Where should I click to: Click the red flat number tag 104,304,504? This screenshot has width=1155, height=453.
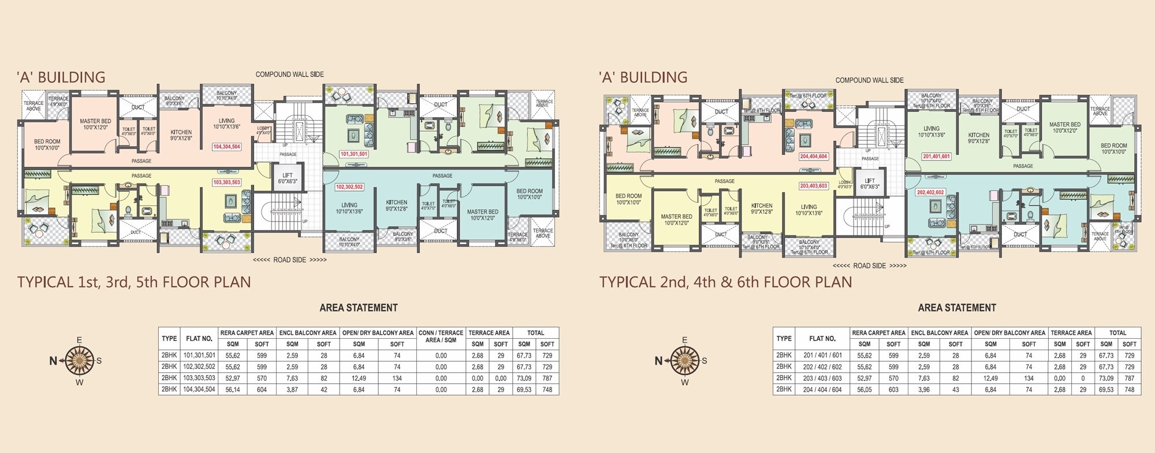[226, 147]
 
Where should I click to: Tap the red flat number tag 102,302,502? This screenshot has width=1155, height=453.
[349, 187]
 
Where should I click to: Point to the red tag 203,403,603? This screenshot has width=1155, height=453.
[813, 186]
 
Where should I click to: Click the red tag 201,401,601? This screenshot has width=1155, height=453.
[936, 156]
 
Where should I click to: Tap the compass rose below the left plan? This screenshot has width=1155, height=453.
[80, 361]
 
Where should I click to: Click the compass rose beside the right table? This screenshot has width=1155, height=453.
[685, 361]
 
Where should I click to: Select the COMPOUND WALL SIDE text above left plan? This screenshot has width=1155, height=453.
[289, 74]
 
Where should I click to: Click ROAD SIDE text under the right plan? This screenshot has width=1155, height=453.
[869, 266]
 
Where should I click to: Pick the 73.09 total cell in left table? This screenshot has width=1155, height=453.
[524, 378]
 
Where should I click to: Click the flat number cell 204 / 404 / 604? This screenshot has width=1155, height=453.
[822, 390]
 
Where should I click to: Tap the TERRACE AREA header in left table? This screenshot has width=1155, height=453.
[489, 333]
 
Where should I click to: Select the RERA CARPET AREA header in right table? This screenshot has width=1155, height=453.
[878, 333]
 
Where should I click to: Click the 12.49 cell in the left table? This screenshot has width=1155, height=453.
[359, 378]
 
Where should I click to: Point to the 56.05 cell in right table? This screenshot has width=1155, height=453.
[864, 390]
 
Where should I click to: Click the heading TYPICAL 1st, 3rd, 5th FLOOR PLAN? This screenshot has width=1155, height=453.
[134, 282]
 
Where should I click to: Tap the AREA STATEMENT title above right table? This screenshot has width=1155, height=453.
[956, 308]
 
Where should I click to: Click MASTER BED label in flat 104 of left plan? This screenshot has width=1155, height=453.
[95, 124]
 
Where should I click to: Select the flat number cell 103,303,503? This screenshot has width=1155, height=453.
[199, 378]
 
